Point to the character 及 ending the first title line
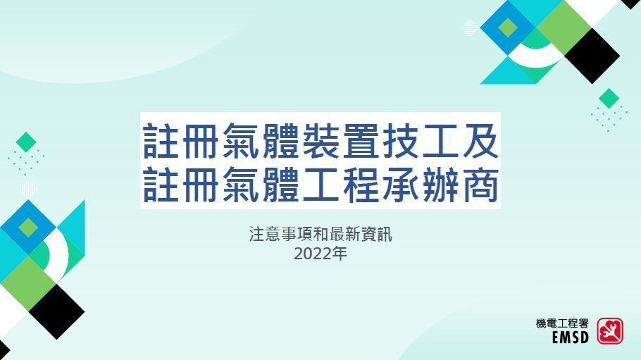478,142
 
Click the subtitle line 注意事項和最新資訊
320,235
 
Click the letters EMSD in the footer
570,338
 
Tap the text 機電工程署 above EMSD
561,323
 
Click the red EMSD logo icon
610,330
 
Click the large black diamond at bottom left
56,311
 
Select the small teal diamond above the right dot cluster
609,98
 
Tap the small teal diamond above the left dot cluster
26,142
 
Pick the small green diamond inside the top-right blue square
508,27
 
